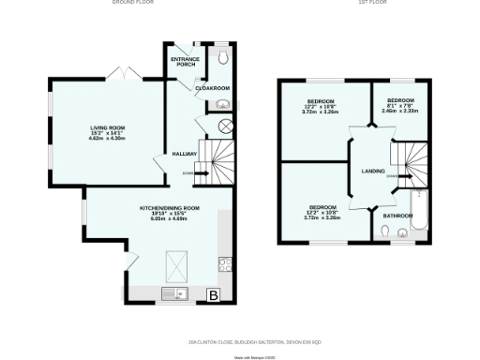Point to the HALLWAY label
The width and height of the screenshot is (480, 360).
183,155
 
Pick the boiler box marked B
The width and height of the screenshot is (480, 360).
213,295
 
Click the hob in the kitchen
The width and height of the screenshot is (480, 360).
223,265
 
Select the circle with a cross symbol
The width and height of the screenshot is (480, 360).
224,127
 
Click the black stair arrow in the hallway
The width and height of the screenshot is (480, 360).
199,172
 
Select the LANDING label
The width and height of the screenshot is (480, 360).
374,171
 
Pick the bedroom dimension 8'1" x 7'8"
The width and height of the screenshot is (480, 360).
401,107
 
